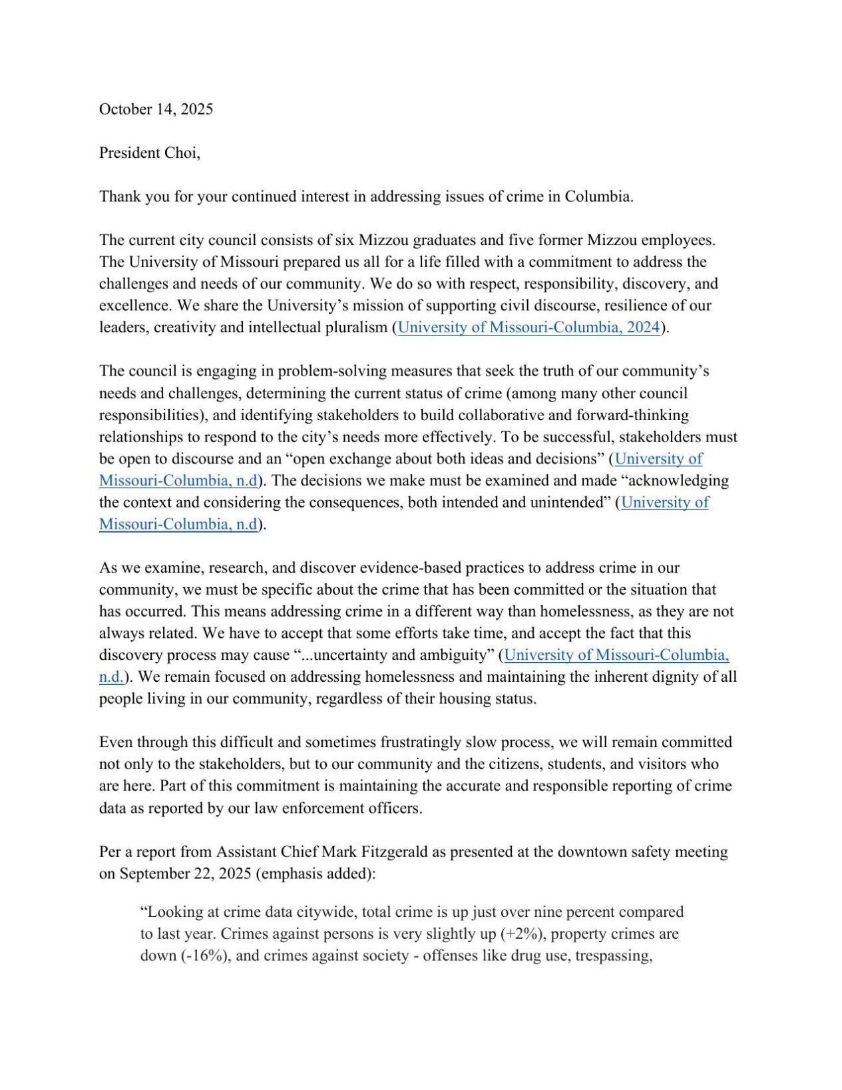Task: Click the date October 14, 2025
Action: (x=156, y=109)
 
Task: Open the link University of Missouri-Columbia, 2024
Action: (x=528, y=328)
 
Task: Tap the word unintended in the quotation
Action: (x=572, y=503)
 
